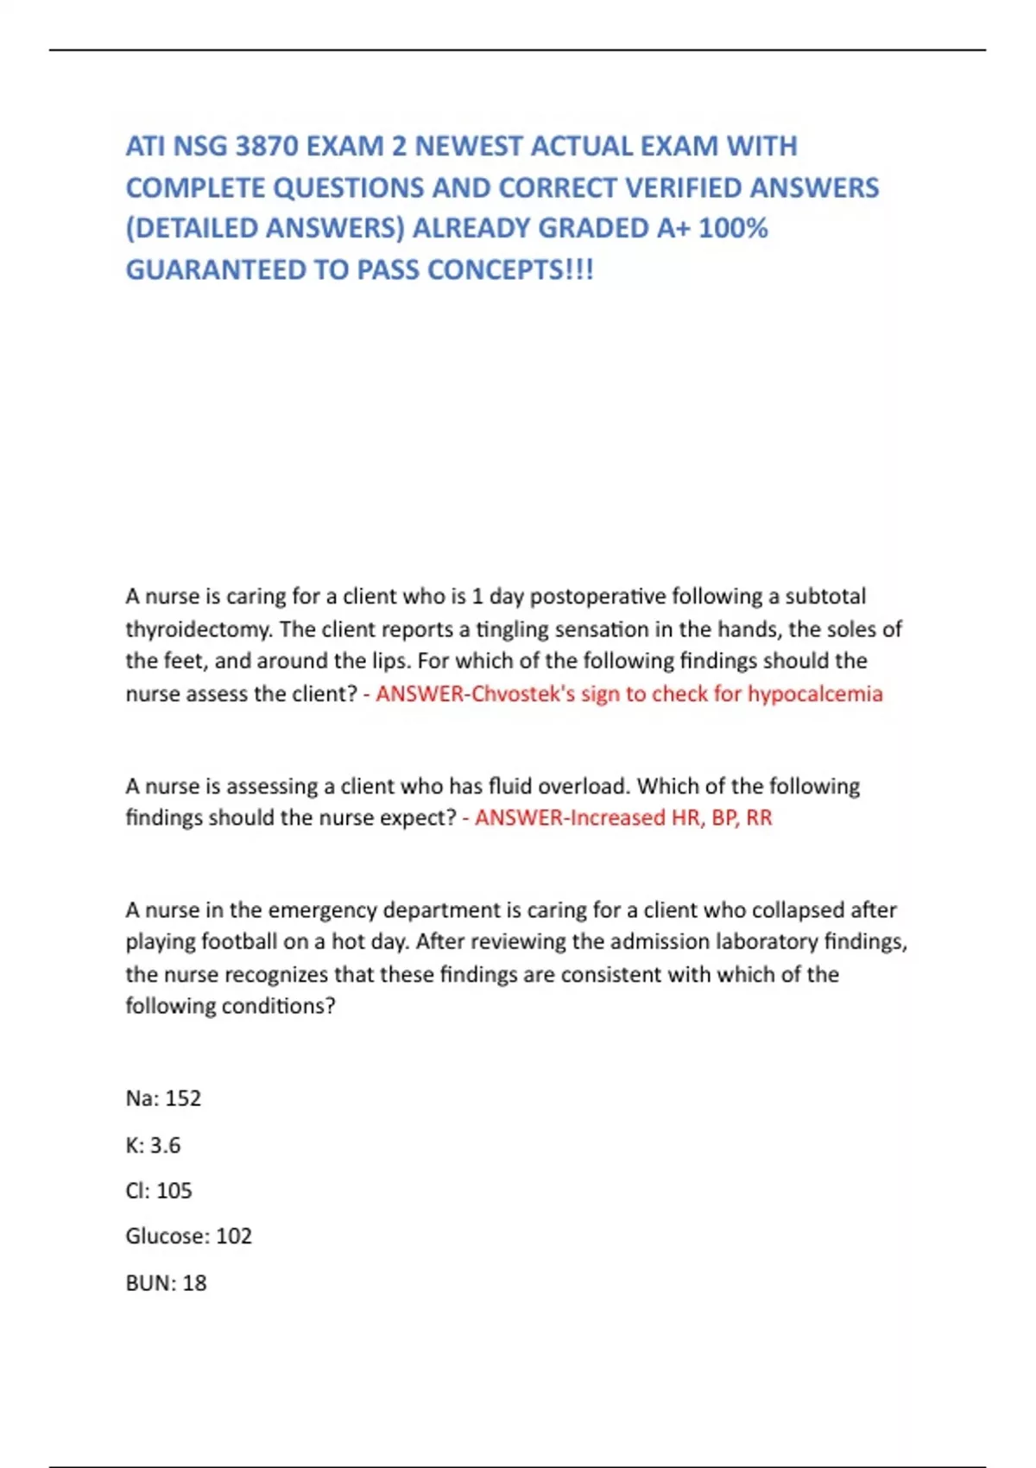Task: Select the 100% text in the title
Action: [733, 228]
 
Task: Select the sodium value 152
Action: [183, 1098]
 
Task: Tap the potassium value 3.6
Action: [165, 1145]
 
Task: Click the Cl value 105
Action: [174, 1191]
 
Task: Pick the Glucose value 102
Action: [234, 1237]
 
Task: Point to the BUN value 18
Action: [194, 1283]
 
